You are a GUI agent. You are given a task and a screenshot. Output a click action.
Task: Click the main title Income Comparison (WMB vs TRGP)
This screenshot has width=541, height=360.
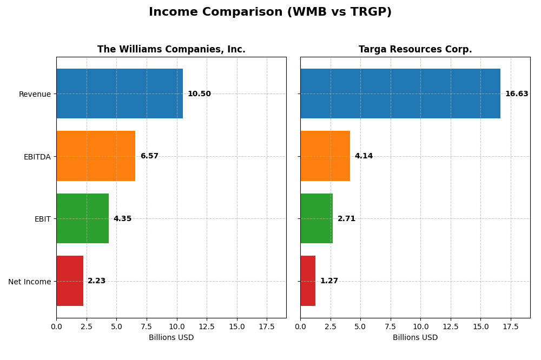[270, 12]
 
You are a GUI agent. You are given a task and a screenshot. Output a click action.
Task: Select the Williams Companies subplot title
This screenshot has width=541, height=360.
[171, 49]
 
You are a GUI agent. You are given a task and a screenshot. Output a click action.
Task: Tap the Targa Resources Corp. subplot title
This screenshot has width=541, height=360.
[415, 49]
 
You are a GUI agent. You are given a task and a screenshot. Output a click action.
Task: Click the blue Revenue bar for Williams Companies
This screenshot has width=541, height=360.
[120, 94]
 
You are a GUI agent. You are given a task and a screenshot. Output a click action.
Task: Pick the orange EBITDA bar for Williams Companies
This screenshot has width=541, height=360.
[96, 156]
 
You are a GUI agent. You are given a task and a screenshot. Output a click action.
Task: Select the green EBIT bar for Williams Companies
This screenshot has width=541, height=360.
[82, 218]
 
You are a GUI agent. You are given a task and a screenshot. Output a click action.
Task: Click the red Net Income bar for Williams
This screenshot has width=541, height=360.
[70, 281]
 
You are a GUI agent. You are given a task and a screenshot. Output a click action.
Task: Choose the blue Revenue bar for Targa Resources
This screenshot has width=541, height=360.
[400, 94]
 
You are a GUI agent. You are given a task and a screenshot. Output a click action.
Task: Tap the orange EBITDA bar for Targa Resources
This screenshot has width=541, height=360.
[325, 156]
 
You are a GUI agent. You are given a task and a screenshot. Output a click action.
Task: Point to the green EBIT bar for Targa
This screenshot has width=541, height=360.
[316, 218]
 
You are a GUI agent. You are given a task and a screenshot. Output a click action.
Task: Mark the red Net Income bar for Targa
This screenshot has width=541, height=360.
[308, 281]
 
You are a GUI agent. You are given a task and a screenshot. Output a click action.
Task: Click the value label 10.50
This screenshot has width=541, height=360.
[199, 94]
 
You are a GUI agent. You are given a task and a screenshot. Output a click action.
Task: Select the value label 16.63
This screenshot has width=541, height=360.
[517, 94]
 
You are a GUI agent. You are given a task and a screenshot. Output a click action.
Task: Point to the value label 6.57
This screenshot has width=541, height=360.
[149, 156]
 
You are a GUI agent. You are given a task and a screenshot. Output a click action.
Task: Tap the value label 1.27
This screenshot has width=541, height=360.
[329, 281]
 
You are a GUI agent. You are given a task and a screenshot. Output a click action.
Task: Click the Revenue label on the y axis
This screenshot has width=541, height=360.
[35, 94]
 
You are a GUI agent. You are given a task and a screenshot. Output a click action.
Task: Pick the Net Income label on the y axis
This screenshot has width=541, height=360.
[30, 281]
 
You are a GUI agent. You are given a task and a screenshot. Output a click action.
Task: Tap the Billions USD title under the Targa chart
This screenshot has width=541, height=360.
[415, 337]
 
